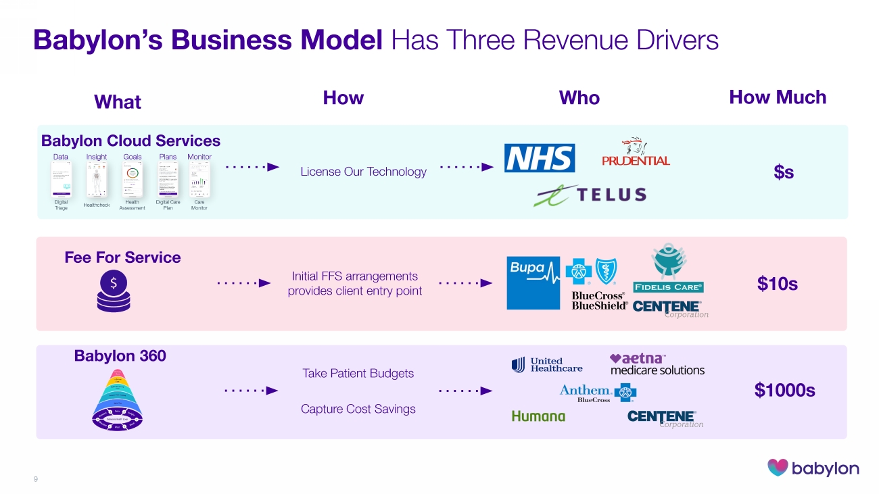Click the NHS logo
540,158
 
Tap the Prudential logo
635,155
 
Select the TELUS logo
590,195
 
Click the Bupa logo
533,283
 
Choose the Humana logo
538,416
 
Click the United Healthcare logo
547,365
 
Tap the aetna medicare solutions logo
657,364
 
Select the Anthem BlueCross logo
597,393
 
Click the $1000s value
784,391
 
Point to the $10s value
778,284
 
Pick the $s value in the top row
784,172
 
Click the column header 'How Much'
778,97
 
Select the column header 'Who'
579,98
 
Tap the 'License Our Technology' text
363,172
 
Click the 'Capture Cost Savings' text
358,409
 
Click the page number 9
36,479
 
